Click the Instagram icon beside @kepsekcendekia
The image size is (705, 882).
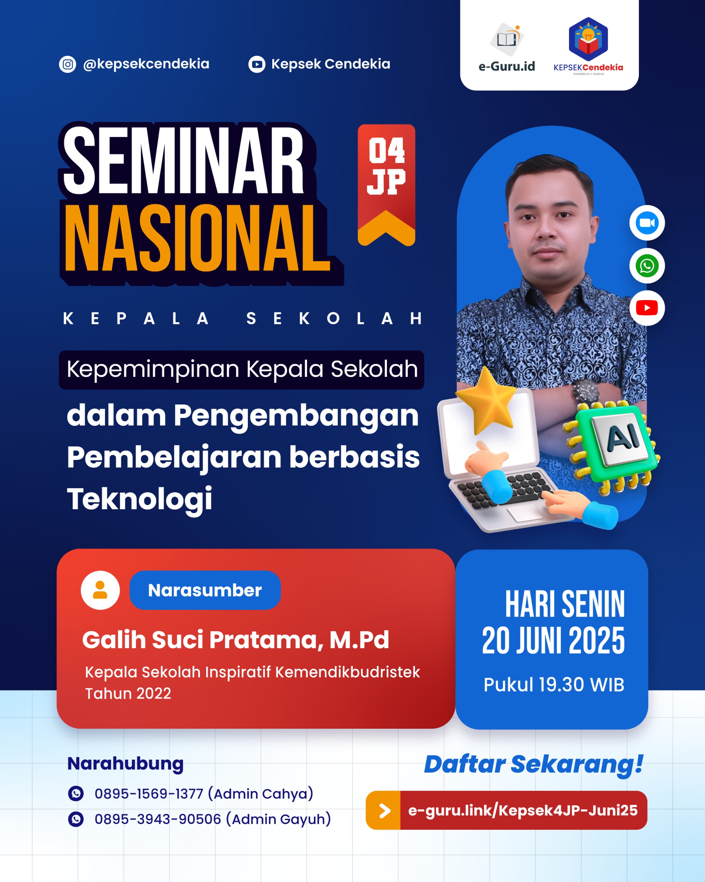tap(67, 64)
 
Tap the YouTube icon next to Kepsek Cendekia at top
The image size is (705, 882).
tap(257, 64)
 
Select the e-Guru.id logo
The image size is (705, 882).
tap(507, 48)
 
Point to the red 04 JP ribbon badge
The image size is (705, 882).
tap(386, 185)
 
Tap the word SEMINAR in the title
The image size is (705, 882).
tap(184, 160)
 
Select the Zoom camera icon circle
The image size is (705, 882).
tap(646, 223)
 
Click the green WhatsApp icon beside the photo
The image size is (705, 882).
tap(646, 266)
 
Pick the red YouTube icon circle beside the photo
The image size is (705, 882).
tap(646, 308)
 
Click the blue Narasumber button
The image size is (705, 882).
tap(205, 590)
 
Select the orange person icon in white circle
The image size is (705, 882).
tap(100, 590)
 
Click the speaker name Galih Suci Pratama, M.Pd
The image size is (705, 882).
tap(235, 640)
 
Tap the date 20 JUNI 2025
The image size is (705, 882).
tap(553, 640)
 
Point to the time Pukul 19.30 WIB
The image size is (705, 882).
tap(554, 684)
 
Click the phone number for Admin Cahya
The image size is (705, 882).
tap(149, 794)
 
